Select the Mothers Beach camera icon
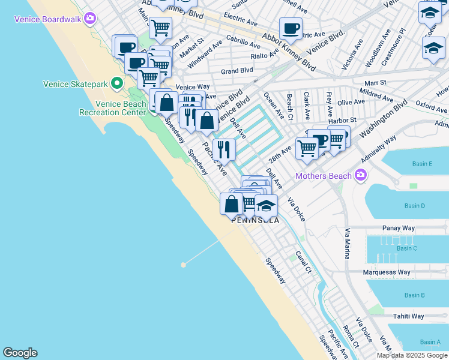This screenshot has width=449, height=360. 360,175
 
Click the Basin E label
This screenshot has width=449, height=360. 422,164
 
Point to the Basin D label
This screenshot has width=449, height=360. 414,206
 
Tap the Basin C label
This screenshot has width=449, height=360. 406,248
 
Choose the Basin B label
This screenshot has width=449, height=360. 414,295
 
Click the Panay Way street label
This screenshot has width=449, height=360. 399,229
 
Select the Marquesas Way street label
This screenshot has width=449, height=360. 387,272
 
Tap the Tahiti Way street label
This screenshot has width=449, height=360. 408,316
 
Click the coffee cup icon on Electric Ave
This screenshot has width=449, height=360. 291,28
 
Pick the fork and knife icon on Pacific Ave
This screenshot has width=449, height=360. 224,149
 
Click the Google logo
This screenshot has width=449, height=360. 20,353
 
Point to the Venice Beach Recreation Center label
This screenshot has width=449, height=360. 113,108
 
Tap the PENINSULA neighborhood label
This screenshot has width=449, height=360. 256,220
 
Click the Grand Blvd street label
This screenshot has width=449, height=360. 237,71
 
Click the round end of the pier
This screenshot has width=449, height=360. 183,264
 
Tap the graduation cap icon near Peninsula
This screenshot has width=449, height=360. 266,206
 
